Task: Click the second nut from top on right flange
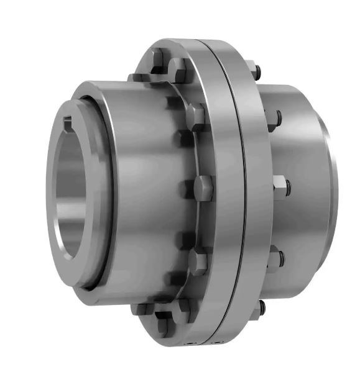(x=274, y=118)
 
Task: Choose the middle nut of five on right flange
(x=280, y=184)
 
